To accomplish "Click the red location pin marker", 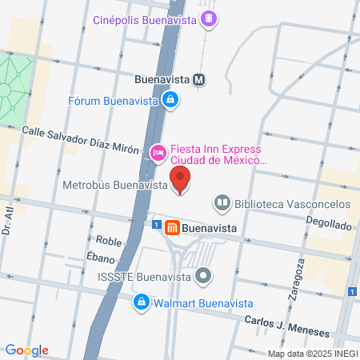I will point(181,179).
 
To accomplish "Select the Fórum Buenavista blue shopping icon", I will point(170,99).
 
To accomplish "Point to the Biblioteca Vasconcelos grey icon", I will point(222,203).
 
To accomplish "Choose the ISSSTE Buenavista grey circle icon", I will point(203,277).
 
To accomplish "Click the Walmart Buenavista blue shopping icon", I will point(141,302).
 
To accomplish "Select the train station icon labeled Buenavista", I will point(198,79).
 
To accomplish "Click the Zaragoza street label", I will point(294,279).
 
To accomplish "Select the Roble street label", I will point(108,240).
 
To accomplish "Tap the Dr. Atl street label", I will point(9,218).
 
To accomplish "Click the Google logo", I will point(26,350).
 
